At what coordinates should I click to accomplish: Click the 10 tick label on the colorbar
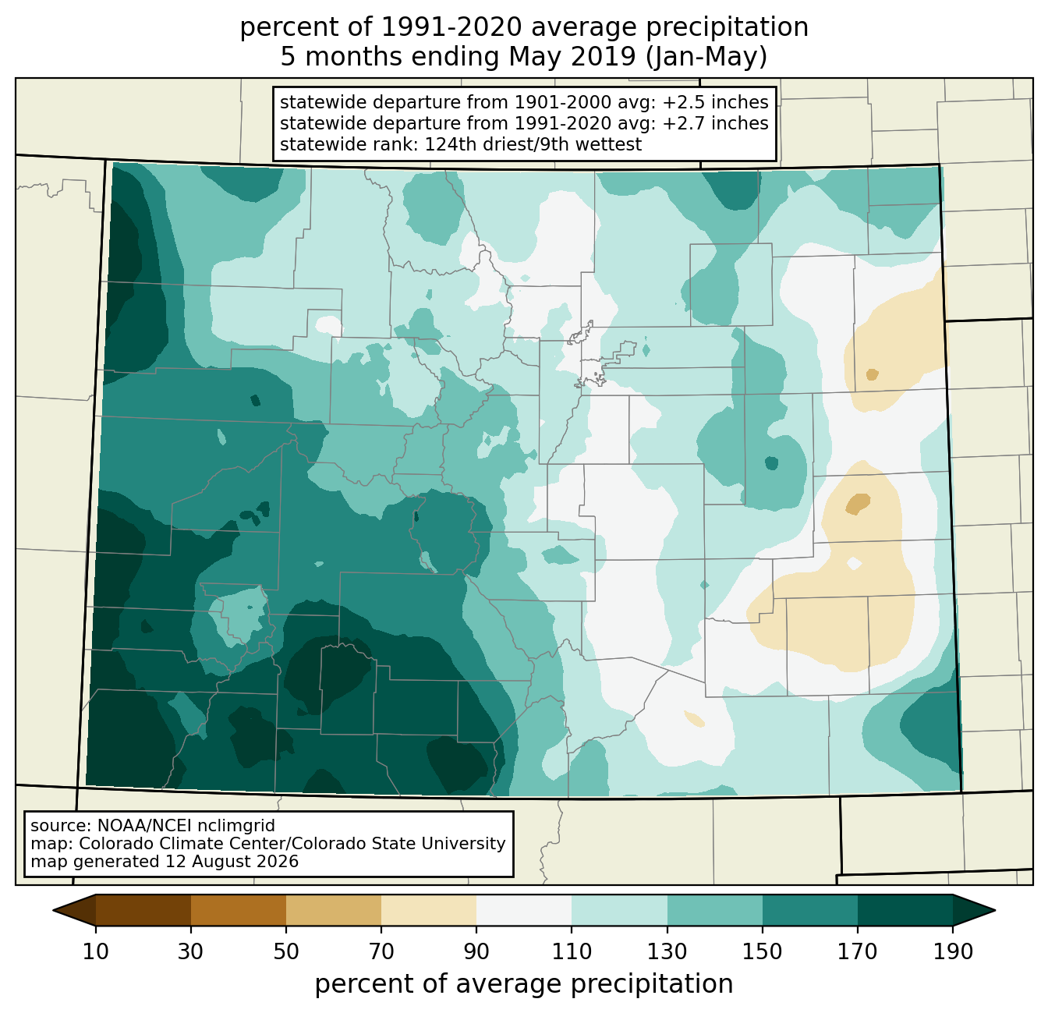[x=95, y=951]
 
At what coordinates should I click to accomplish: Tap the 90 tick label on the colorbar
[x=476, y=951]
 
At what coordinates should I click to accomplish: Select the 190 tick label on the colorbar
[x=953, y=951]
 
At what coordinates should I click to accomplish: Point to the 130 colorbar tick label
[x=667, y=951]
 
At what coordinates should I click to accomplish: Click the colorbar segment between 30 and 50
[x=238, y=910]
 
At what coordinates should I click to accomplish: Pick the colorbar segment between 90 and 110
[x=524, y=910]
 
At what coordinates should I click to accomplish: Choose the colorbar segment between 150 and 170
[x=810, y=910]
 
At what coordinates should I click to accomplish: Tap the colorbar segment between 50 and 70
[x=334, y=910]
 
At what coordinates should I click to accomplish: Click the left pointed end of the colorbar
[x=54, y=910]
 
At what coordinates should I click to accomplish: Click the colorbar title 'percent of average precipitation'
[x=524, y=984]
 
